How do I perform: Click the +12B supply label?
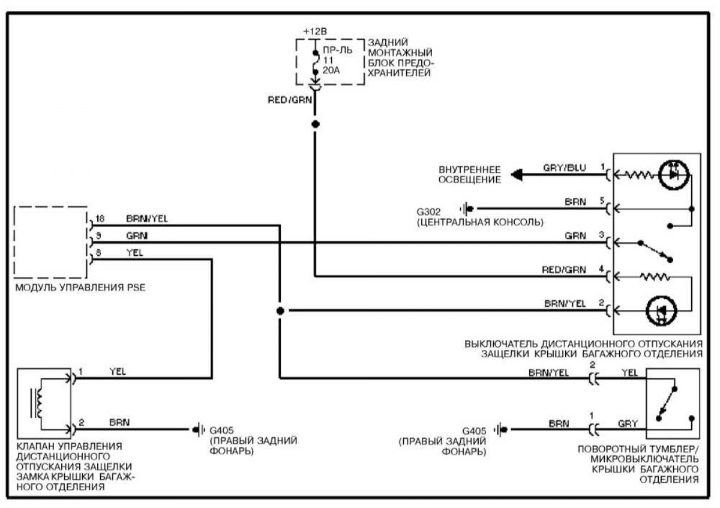point(315,32)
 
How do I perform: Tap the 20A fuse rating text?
point(331,70)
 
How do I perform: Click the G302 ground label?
point(428,212)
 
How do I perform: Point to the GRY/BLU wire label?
point(565,168)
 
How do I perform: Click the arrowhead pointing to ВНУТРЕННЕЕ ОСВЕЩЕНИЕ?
point(517,175)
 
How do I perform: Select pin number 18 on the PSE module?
point(100,219)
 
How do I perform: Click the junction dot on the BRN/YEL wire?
point(280,311)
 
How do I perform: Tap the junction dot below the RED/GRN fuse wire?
point(316,124)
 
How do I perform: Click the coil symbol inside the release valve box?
point(39,403)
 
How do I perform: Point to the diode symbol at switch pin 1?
point(674,175)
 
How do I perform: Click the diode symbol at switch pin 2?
point(661,311)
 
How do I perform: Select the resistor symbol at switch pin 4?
point(655,276)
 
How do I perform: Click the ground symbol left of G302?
point(467,209)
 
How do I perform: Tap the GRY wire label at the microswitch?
point(628,423)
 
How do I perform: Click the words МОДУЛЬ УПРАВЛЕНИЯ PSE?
point(80,287)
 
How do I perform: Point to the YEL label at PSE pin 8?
point(134,253)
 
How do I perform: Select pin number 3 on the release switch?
point(601,235)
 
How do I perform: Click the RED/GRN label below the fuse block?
point(290,100)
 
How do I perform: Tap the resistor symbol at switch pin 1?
point(639,175)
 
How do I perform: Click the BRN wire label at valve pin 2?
point(119,422)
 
